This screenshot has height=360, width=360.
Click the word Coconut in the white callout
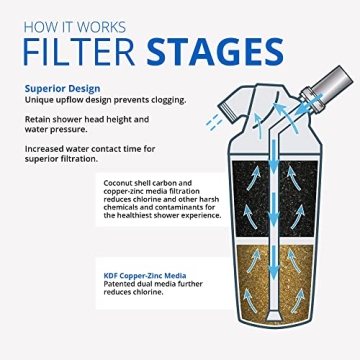124,181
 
